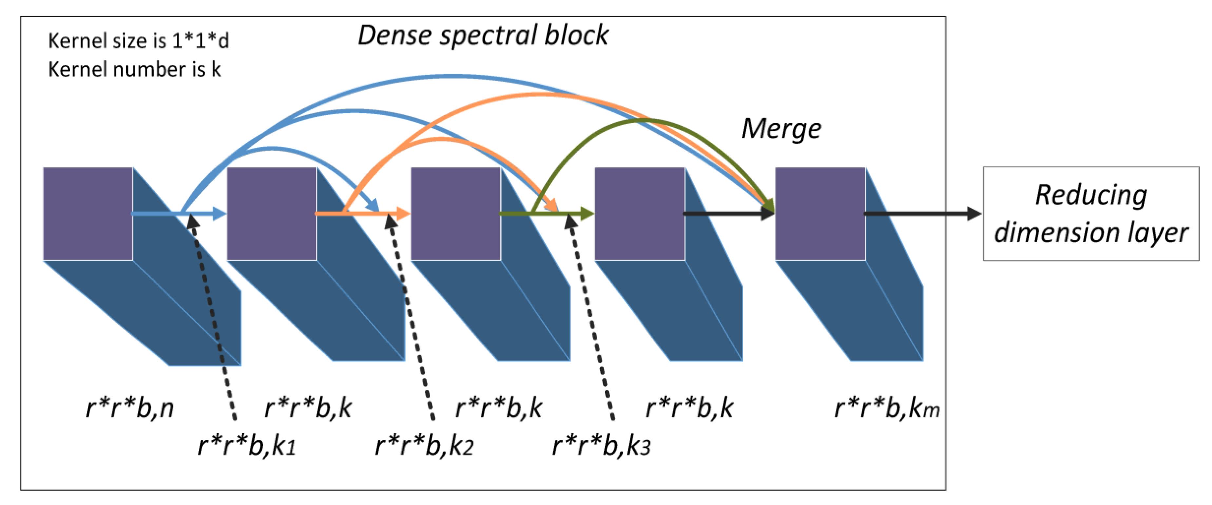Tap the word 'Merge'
(781, 128)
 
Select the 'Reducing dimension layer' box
(1091, 214)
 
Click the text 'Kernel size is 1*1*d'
(138, 41)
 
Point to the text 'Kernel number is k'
(134, 69)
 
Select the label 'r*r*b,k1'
(246, 445)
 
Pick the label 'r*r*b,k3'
(601, 445)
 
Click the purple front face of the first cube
(87, 214)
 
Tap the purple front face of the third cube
(455, 214)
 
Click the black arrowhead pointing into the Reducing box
(973, 214)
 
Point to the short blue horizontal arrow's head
(219, 214)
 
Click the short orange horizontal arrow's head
(403, 214)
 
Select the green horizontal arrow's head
(587, 214)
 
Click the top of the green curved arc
(642, 121)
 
